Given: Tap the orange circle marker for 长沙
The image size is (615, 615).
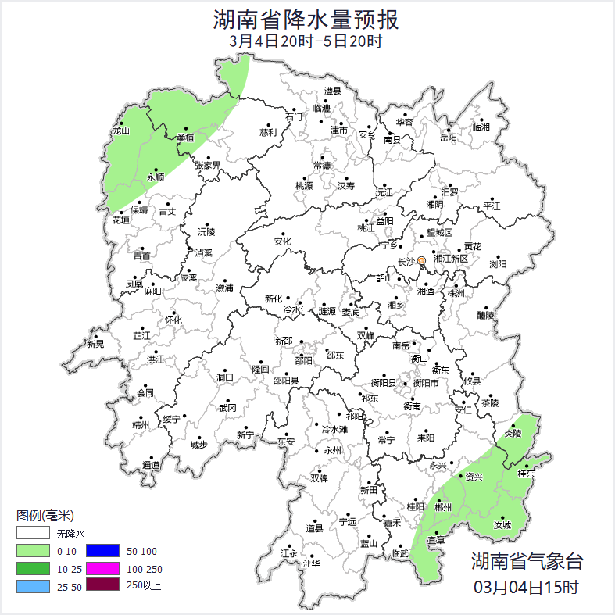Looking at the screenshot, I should point(422,260).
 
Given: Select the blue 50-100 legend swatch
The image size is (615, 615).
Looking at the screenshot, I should point(102,551).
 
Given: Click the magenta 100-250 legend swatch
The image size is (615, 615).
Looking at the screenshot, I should point(102,568).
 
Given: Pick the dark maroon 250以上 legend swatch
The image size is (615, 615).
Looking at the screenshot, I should point(102,585).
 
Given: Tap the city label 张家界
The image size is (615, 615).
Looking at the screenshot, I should point(207,166).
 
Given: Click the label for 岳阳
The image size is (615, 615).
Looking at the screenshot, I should point(449,138).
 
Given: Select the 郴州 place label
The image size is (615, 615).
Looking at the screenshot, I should point(443,507).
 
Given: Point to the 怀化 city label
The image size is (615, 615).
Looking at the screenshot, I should point(173,320).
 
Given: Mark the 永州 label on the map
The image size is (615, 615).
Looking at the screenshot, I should point(333,451).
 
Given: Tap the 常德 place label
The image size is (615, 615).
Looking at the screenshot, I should point(321,166).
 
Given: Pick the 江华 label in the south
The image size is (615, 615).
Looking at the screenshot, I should point(311,563).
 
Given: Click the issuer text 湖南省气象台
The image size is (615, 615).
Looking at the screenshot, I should point(527,560).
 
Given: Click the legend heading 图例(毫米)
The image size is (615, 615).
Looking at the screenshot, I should point(45,516).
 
